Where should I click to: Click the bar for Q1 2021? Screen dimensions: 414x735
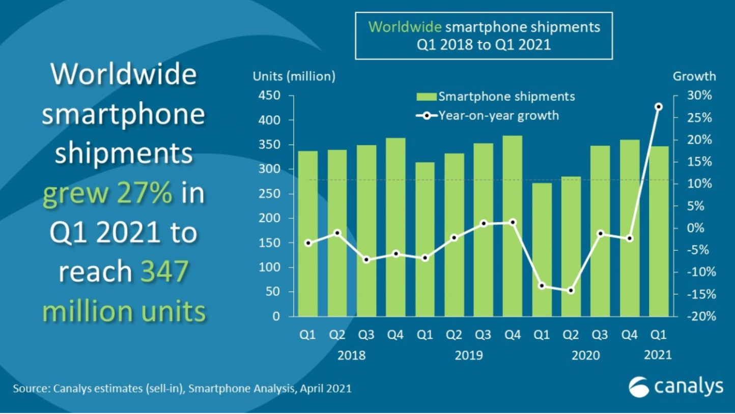pyautogui.click(x=659, y=231)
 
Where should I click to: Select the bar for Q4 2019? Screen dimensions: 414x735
pyautogui.click(x=513, y=226)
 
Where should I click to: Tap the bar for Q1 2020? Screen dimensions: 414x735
pyautogui.click(x=542, y=250)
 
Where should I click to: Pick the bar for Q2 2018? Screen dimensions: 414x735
pyautogui.click(x=337, y=233)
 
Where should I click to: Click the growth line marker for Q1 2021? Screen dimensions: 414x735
pyautogui.click(x=659, y=107)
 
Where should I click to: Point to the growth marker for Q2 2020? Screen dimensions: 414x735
pyautogui.click(x=571, y=290)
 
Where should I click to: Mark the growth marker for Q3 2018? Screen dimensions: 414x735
pyautogui.click(x=366, y=260)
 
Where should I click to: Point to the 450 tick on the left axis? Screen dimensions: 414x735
pyautogui.click(x=270, y=96)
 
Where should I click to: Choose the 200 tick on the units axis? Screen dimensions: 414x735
pyautogui.click(x=270, y=218)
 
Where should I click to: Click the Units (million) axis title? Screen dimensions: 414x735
pyautogui.click(x=294, y=77)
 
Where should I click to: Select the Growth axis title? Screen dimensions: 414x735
pyautogui.click(x=694, y=77)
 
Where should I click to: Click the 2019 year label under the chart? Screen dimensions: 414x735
pyautogui.click(x=469, y=355)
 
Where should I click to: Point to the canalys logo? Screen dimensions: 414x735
pyautogui.click(x=675, y=387)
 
